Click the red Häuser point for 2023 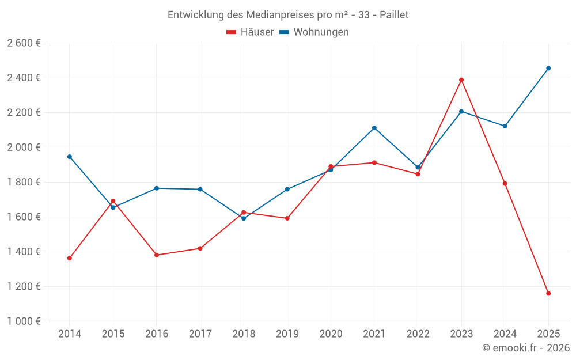[x=461, y=80]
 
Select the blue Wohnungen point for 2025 [x=548, y=68]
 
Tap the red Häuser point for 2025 [x=548, y=294]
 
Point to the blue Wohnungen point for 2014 [x=70, y=157]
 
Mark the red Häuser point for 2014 [x=70, y=258]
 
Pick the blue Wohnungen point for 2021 [x=374, y=128]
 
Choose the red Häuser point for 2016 [x=157, y=255]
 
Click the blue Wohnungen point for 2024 [x=505, y=126]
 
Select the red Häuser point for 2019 [x=287, y=218]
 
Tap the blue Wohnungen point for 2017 [x=200, y=190]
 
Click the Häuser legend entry [x=251, y=32]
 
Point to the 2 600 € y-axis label [x=24, y=43]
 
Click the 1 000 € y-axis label [x=24, y=321]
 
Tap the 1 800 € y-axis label [x=24, y=182]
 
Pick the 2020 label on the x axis [x=331, y=334]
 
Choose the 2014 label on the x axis [x=70, y=334]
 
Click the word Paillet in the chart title [x=393, y=15]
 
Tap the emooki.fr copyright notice [x=526, y=348]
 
